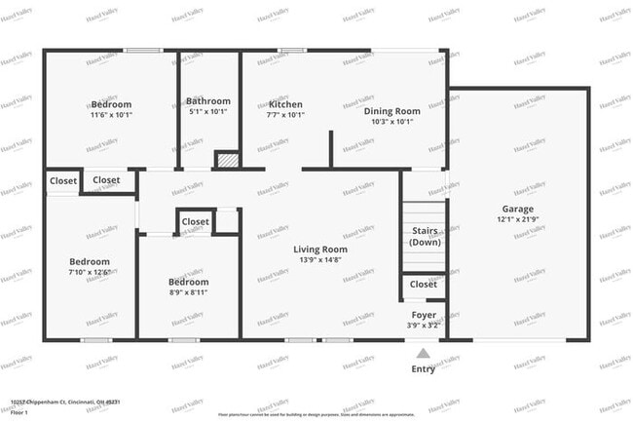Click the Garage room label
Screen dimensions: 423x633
(518, 209)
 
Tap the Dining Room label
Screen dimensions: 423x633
(392, 111)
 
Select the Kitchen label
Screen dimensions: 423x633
(285, 104)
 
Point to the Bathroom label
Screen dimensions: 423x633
(208, 101)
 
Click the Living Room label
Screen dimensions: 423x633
(320, 250)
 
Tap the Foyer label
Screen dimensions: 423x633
(424, 315)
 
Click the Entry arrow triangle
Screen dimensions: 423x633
(423, 354)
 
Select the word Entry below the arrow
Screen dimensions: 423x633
(424, 369)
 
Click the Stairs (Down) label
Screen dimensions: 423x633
(425, 237)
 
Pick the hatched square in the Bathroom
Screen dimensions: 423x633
(226, 159)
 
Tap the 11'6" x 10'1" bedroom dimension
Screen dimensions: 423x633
(110, 115)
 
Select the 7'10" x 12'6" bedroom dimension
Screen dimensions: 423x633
(89, 273)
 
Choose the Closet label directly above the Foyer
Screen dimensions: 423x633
(424, 285)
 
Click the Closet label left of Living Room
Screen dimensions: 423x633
(195, 222)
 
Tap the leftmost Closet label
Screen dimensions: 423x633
(63, 180)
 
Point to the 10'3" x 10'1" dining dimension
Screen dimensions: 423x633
(392, 123)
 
